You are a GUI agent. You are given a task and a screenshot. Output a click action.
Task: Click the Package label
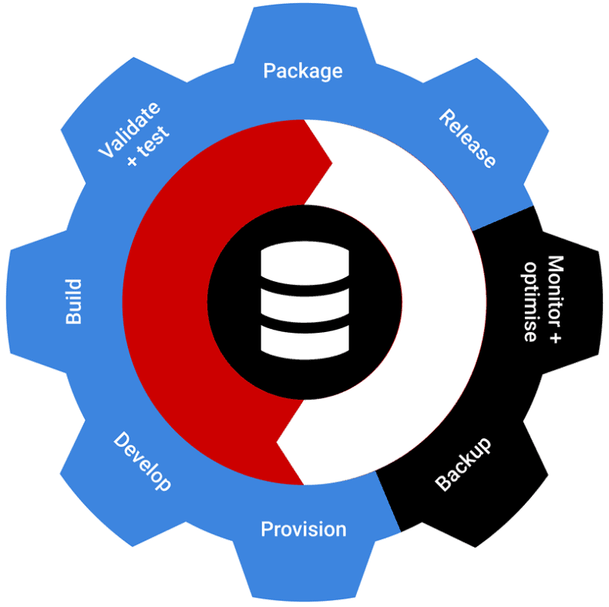pyautogui.click(x=303, y=71)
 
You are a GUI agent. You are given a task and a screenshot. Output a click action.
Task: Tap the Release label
pyautogui.click(x=467, y=139)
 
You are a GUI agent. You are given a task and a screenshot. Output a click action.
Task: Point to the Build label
pyautogui.click(x=73, y=301)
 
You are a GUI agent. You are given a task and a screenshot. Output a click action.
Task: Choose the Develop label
pyautogui.click(x=142, y=461)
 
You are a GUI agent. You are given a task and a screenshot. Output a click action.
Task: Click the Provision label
pyautogui.click(x=303, y=529)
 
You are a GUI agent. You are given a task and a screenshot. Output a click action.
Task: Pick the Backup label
pyautogui.click(x=463, y=464)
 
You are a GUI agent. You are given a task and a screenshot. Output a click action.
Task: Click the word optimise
pyautogui.click(x=530, y=302)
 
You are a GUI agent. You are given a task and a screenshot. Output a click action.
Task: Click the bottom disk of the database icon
pyautogui.click(x=305, y=341)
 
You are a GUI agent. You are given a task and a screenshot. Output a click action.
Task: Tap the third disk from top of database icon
pyautogui.click(x=305, y=316)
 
